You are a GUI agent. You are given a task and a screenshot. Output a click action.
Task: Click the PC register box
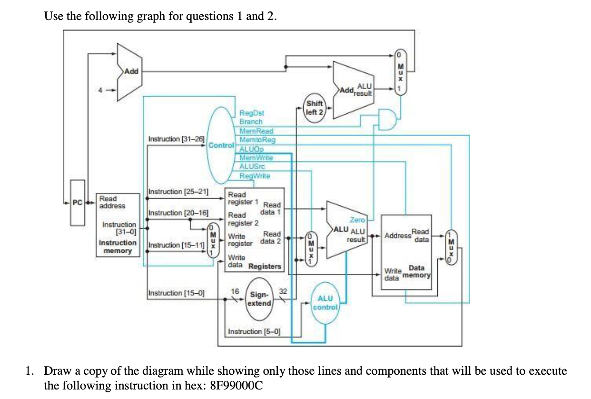point(78,202)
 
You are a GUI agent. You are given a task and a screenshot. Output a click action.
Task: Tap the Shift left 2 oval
point(315,108)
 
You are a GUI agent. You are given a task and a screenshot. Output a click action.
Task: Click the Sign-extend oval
point(260,299)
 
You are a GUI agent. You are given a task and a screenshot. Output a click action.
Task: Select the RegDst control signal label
point(252,113)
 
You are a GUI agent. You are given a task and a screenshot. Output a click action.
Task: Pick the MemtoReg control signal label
point(257,140)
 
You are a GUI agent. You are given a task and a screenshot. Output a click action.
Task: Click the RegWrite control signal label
point(255,176)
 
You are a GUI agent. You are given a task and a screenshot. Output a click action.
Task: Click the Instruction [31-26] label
point(176,139)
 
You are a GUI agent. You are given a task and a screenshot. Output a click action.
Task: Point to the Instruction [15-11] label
point(176,245)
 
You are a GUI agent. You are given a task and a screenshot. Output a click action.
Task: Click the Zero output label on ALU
point(357,219)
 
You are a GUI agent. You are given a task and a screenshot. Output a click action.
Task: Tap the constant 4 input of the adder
point(100,89)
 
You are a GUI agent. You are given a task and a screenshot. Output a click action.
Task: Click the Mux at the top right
point(400,71)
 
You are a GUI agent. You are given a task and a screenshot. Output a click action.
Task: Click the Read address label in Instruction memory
point(112,202)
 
